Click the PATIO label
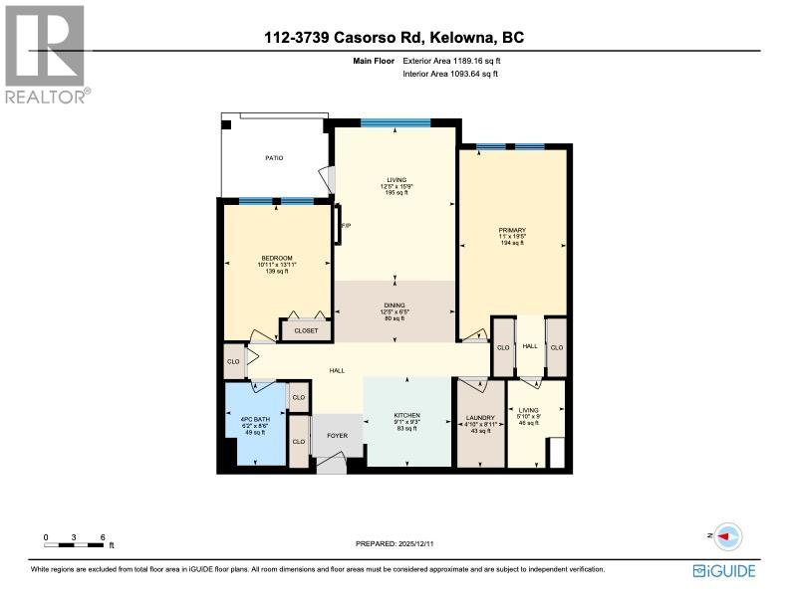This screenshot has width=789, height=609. coord(274,157)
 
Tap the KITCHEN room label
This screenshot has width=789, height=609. coord(406,415)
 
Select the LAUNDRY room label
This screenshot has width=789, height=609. coord(480,417)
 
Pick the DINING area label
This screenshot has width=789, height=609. coord(396,306)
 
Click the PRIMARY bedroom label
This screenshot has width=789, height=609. coord(512,229)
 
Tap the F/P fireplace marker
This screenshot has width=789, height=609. coord(346,227)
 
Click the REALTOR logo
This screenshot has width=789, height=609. coord(46,54)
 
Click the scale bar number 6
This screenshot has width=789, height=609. coord(104,536)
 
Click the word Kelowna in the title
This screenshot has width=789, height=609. coord(468,38)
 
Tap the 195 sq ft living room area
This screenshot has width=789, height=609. coord(396,193)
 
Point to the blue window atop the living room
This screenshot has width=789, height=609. coord(395,122)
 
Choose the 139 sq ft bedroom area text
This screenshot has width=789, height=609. coord(277,271)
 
